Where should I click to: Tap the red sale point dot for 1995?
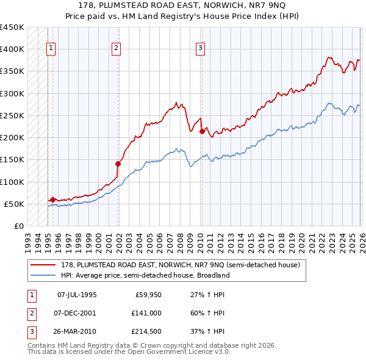tap(52, 200)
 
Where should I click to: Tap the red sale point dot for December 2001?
tap(118, 164)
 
